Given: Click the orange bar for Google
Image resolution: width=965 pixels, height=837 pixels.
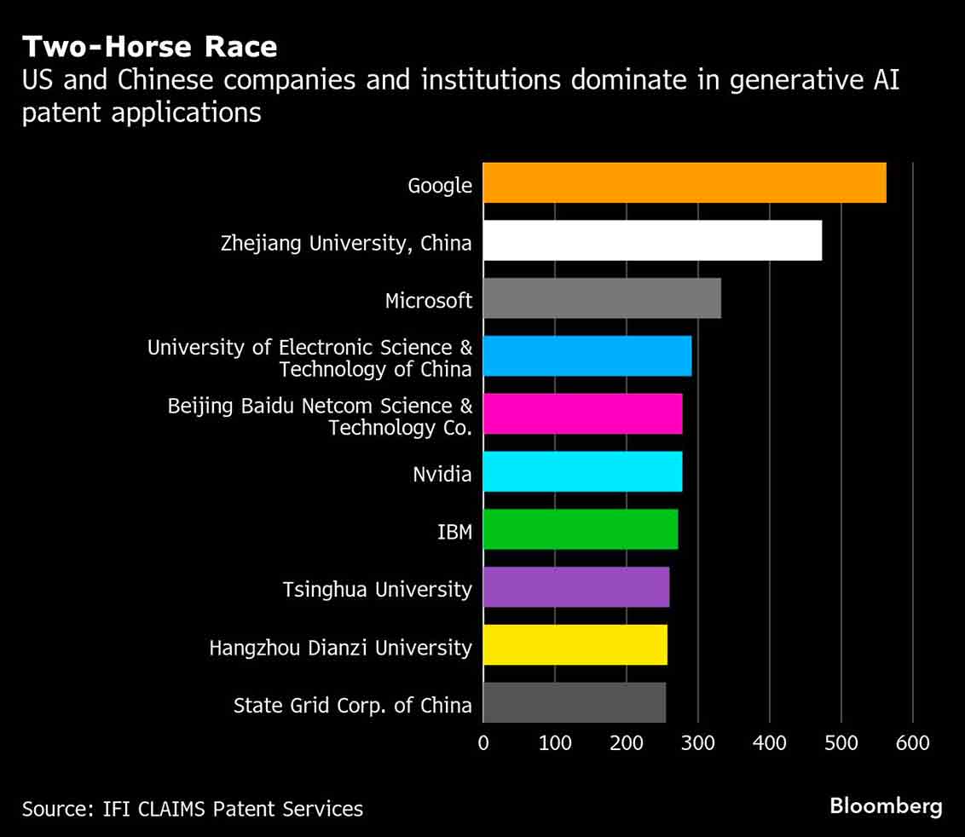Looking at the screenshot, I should click(685, 182).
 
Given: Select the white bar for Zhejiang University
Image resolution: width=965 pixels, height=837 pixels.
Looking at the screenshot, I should click(652, 240).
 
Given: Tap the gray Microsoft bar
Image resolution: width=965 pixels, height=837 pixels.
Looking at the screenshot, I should click(602, 298).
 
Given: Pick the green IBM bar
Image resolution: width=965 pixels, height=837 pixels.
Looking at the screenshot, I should click(581, 529).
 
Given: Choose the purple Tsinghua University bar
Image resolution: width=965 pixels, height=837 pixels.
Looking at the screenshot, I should click(576, 587).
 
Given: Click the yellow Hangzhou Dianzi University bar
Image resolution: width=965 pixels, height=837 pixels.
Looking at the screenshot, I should click(575, 645).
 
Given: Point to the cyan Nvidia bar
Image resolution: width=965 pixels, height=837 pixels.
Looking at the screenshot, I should click(582, 471).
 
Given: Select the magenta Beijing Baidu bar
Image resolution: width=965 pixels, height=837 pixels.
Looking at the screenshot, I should click(582, 414).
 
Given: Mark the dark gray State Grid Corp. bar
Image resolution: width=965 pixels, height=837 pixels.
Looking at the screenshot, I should click(575, 702).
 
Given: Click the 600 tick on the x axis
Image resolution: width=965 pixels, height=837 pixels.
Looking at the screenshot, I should click(912, 743).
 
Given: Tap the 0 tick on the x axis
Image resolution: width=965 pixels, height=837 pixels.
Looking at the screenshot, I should click(483, 743).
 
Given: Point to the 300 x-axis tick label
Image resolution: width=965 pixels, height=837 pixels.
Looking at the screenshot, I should click(697, 743).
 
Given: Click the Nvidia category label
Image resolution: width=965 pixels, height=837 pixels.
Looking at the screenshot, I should click(442, 474).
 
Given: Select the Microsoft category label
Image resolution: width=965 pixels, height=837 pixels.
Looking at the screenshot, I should click(428, 301).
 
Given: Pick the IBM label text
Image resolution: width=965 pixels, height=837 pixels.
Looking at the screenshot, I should click(454, 532).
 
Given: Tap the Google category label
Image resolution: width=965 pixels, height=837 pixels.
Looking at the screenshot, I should click(440, 185).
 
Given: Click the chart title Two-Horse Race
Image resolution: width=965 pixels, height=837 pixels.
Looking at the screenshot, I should click(149, 46).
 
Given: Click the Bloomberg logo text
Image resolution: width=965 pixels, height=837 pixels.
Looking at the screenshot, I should click(886, 806).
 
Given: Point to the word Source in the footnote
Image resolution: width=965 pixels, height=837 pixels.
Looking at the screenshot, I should click(54, 809).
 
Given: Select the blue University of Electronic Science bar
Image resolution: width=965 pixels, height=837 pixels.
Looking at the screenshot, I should click(587, 356).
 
